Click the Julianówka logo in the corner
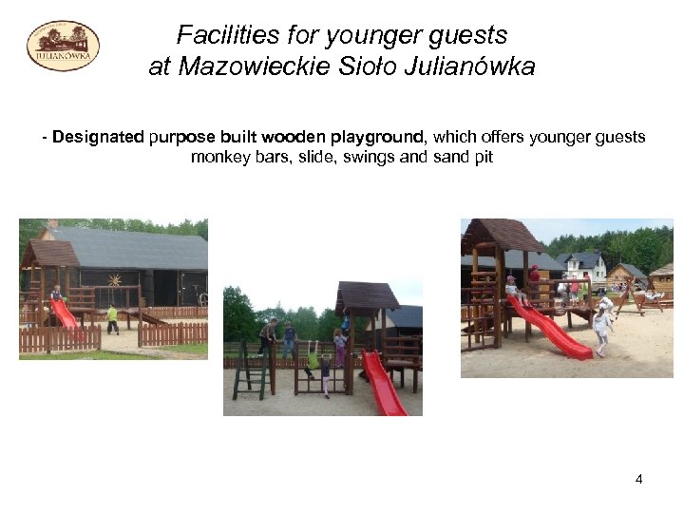coord(63,46)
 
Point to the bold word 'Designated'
coord(99,137)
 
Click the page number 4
coord(638,479)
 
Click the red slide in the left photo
coord(66,314)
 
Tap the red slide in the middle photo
coord(383,386)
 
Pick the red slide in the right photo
coord(552,330)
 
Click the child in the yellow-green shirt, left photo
coord(112,317)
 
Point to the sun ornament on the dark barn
coord(117,282)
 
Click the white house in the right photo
coord(585,266)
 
